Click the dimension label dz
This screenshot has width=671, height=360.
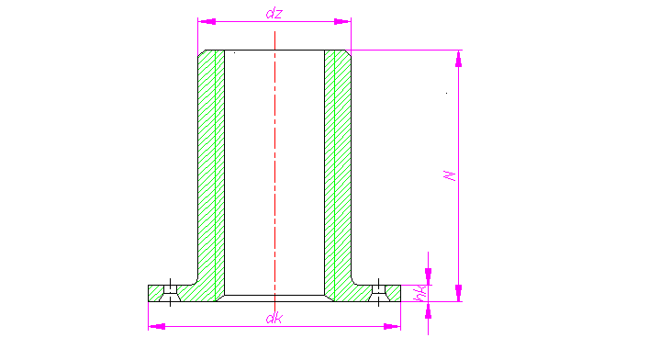coord(274,12)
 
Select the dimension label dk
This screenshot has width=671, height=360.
coord(274,319)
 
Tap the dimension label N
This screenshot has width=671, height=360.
coord(450,174)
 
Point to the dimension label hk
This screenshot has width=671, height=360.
coord(419,293)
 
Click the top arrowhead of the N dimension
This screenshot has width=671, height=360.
coord(459,58)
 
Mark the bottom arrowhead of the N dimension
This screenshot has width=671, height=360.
coord(459,292)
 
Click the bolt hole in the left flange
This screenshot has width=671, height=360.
coord(170,292)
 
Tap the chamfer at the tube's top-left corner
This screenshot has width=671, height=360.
coord(201,52)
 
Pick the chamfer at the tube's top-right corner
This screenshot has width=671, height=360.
coord(349,52)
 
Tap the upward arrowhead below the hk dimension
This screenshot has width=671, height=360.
coord(428,309)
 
